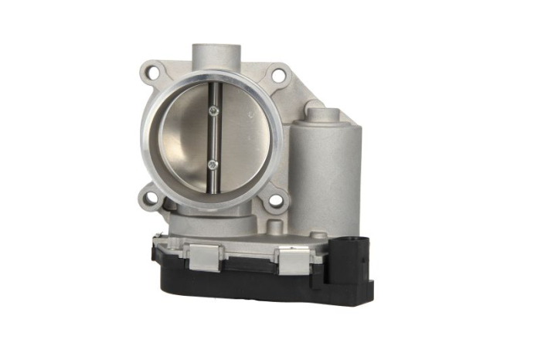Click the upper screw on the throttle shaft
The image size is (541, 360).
[214, 112]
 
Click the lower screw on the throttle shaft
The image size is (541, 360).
[213, 164]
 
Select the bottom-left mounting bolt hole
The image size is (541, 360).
[151, 197]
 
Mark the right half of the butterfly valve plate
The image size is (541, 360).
[243, 139]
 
